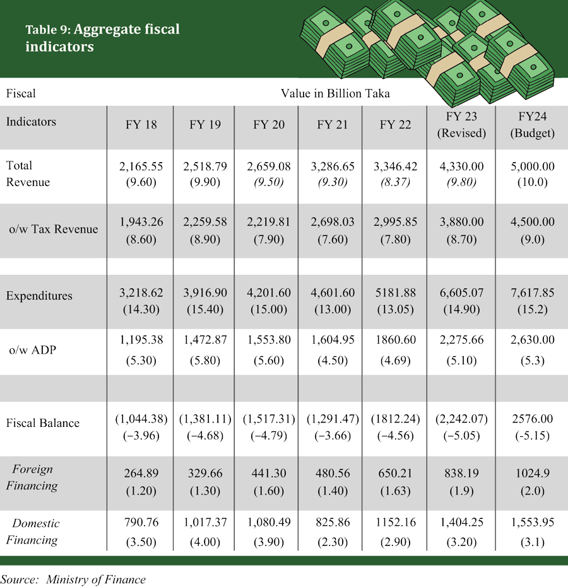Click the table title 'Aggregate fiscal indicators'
coord(102,38)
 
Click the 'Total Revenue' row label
coord(28,173)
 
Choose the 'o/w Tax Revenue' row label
coord(54,229)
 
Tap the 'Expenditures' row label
coord(39,296)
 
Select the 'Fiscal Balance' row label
coord(43,423)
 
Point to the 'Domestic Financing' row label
coord(36,532)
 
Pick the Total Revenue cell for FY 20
coord(269,173)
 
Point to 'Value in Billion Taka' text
coord(335,93)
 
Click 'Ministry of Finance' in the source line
coord(95,579)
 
